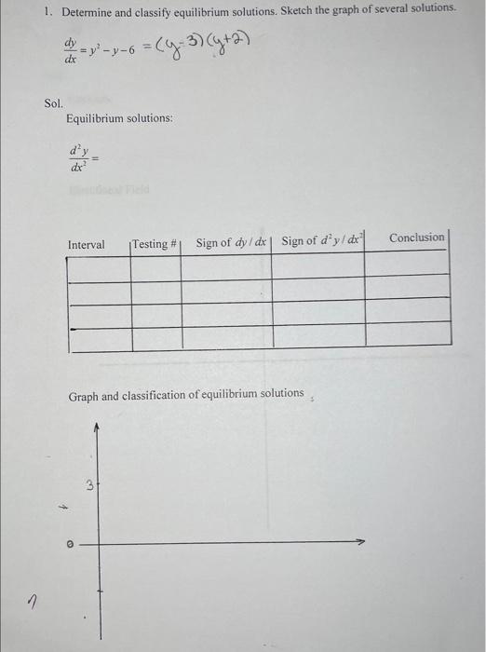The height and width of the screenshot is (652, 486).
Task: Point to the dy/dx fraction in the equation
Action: tap(71, 48)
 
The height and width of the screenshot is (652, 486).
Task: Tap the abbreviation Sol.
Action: tap(54, 103)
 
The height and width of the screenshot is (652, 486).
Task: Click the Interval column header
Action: tap(87, 244)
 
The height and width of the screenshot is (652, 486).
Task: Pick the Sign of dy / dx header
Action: tap(232, 242)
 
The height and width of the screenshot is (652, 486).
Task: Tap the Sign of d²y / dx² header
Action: tap(320, 241)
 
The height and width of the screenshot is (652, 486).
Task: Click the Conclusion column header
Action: tap(416, 238)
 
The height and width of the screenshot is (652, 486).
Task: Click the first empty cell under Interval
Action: tap(98, 266)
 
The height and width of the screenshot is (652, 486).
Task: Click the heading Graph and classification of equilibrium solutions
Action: tap(186, 395)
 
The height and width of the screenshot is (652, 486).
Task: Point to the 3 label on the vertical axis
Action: tap(89, 484)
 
